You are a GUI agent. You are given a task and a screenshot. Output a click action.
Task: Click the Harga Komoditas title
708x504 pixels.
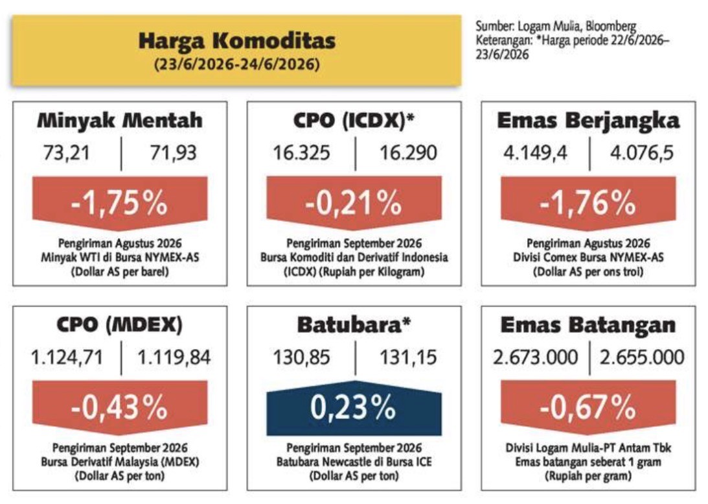tap(236, 41)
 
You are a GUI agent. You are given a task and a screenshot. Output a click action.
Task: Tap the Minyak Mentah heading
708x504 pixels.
tap(120, 120)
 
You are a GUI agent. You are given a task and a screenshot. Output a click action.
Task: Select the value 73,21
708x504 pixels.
tap(66, 153)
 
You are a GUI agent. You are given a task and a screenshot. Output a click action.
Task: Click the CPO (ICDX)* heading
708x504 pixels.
tap(354, 121)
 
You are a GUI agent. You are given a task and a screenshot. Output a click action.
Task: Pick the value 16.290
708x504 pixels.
tap(408, 153)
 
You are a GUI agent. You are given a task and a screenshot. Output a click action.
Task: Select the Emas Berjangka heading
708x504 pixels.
tap(588, 121)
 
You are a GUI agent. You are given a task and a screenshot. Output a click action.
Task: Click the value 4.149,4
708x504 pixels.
tap(535, 153)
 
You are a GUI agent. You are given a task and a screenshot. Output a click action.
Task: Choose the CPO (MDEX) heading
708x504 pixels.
tap(120, 324)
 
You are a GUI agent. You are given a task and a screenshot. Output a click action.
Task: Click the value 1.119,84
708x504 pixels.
tap(174, 357)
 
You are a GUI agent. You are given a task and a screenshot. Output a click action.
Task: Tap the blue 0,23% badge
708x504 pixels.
tap(354, 408)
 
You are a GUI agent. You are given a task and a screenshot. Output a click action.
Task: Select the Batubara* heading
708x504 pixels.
tap(354, 324)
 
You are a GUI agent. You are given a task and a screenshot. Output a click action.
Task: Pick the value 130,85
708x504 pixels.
tap(302, 357)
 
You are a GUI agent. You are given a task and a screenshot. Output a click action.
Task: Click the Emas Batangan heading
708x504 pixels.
tap(588, 324)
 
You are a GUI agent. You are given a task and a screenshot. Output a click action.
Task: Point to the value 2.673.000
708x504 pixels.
tap(535, 357)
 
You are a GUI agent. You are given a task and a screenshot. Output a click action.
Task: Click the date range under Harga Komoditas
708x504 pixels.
tap(236, 64)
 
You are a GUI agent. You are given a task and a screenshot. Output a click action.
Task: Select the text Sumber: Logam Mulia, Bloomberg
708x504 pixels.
tap(556, 26)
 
